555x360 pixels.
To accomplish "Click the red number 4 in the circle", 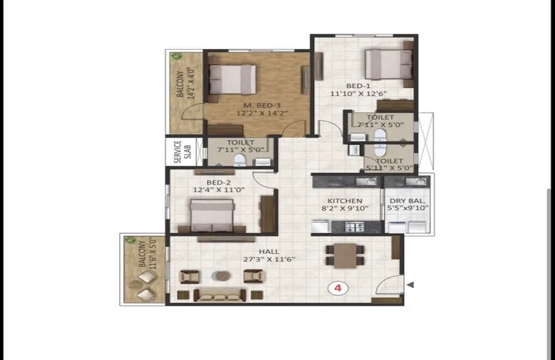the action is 338,288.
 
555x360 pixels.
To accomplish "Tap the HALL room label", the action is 269,252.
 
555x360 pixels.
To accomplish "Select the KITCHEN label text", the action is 345,201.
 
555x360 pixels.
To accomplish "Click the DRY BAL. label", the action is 407,201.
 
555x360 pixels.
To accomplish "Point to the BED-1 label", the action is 358,86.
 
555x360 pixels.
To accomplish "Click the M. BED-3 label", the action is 262,105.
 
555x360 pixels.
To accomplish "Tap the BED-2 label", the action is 219,183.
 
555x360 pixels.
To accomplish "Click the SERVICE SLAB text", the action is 183,152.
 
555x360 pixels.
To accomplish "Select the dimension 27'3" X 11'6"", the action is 269,259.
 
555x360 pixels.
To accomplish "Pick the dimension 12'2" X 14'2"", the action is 262,113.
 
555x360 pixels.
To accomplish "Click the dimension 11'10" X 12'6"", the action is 358,94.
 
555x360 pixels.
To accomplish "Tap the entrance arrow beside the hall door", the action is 410,284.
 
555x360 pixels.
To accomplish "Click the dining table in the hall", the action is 345,255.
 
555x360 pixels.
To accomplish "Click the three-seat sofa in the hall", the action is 220,295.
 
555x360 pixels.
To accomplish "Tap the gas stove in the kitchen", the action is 354,227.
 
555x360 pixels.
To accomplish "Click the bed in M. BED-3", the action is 232,79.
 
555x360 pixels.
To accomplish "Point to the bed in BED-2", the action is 211,216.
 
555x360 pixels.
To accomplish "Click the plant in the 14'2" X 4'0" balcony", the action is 176,56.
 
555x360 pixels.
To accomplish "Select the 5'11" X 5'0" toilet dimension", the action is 389,168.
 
